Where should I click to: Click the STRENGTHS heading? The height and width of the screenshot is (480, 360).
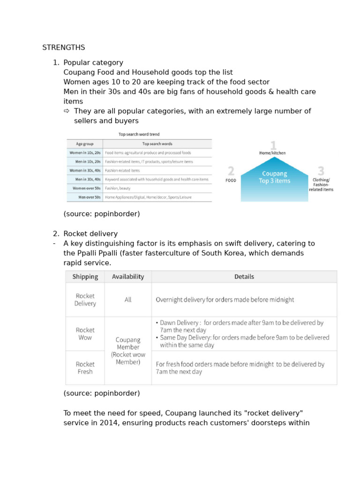coord(64,47)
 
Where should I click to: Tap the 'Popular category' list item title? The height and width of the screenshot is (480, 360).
coord(93,62)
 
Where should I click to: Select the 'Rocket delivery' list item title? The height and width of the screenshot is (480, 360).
coord(90,233)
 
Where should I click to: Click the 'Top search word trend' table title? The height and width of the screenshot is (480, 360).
coord(139,135)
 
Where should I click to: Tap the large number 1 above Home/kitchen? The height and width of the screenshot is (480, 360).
coord(273,145)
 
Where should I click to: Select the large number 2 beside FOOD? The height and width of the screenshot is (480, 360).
coord(231,171)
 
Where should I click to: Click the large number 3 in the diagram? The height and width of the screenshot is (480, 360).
coord(321,171)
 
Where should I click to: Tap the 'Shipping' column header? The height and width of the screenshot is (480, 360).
coord(85,277)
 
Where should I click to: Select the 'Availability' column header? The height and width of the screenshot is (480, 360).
coord(128,277)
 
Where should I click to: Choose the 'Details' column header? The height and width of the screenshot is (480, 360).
coord(244,277)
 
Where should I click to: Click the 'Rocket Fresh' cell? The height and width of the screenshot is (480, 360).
coord(85,367)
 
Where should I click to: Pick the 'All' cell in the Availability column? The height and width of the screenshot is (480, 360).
coord(128,300)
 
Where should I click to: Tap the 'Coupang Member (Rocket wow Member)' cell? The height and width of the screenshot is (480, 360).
coord(128,351)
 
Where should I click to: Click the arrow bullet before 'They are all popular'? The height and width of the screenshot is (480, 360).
coord(67,111)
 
